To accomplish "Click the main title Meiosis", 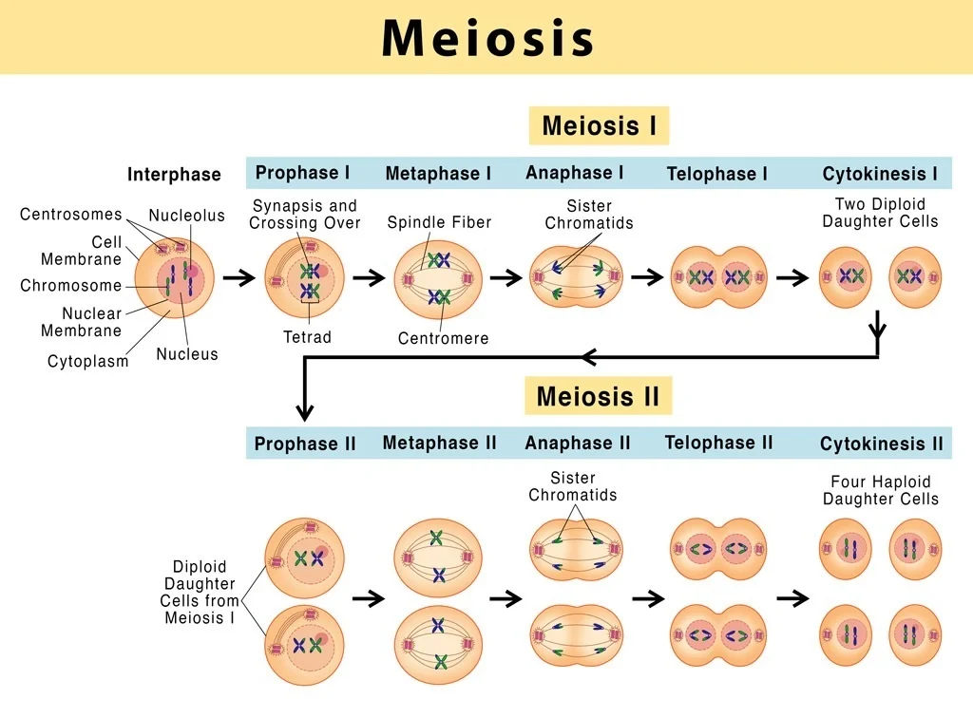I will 487,38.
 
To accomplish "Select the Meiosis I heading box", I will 599,126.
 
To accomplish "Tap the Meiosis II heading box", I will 598,396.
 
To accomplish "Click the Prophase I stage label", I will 303,173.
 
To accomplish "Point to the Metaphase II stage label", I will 439,443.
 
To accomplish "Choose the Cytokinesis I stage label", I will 880,174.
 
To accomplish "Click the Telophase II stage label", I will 718,443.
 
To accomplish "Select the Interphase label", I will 174,175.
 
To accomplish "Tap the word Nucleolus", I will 186,216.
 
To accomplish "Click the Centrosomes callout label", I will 71,215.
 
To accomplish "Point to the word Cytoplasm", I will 88,361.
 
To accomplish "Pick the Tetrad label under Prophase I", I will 307,337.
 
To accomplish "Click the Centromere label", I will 443,338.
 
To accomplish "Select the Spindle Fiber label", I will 439,222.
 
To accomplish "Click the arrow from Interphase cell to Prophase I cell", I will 238,278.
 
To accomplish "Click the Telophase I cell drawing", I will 719,277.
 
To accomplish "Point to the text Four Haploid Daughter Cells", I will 880,490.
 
